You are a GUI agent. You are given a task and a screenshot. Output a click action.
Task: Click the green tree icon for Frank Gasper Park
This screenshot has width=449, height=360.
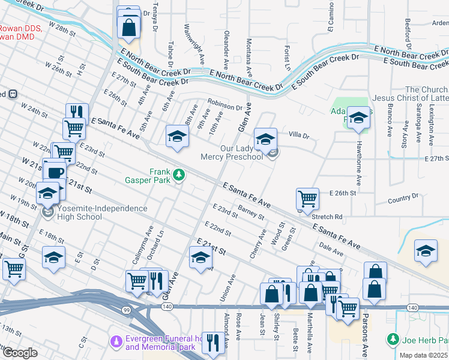pos(178,175)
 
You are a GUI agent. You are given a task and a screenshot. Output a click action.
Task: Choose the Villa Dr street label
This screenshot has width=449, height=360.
pos(298,135)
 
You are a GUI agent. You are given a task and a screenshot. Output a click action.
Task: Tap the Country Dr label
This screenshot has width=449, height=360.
pos(402,198)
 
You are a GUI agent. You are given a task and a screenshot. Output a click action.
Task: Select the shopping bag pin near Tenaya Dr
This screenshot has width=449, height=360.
pos(128,26)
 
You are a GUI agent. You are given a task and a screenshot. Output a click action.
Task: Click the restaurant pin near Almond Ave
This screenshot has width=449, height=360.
pos(212,341)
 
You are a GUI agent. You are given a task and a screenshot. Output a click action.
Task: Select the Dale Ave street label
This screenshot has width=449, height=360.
pos(327,245)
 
